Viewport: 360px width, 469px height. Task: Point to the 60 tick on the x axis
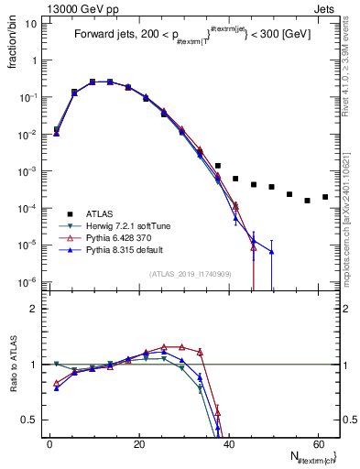(317, 442)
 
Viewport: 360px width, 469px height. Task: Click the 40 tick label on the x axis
(228, 442)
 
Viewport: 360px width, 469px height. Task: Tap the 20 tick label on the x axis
(139, 442)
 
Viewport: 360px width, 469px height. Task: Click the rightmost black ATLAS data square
(325, 197)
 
